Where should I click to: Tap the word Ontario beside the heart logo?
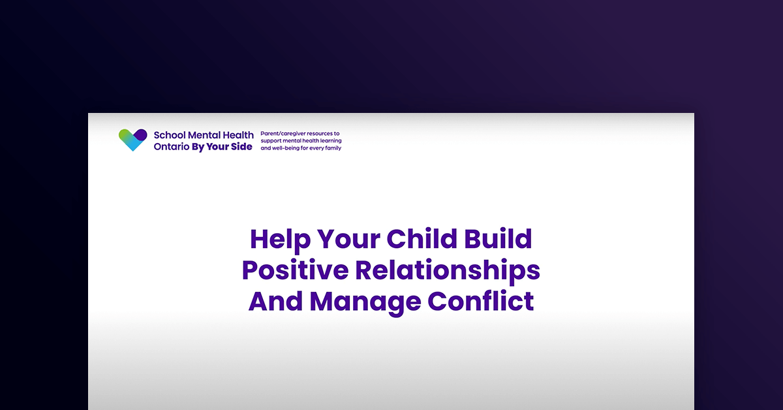pos(167,147)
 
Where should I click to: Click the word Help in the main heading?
pos(280,239)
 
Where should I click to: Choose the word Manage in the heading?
pos(366,302)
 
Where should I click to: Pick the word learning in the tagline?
pos(330,140)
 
